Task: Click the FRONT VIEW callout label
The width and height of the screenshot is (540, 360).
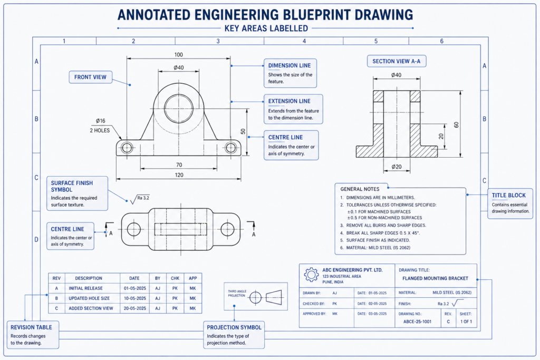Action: [x=90, y=77]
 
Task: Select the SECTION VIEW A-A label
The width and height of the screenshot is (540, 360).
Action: [x=396, y=62]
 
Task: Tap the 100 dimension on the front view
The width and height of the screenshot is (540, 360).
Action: [x=178, y=55]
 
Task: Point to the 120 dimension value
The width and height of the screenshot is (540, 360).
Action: [x=179, y=174]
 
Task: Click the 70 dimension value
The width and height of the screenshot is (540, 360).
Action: [x=179, y=165]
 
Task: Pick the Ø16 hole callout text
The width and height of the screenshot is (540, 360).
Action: [x=101, y=121]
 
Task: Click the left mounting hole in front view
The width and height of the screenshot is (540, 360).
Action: [x=127, y=148]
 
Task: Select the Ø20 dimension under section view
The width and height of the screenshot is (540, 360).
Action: [x=396, y=167]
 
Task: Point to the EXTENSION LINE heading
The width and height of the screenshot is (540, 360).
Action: [x=290, y=101]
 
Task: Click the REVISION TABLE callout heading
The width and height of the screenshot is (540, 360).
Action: [x=32, y=327]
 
